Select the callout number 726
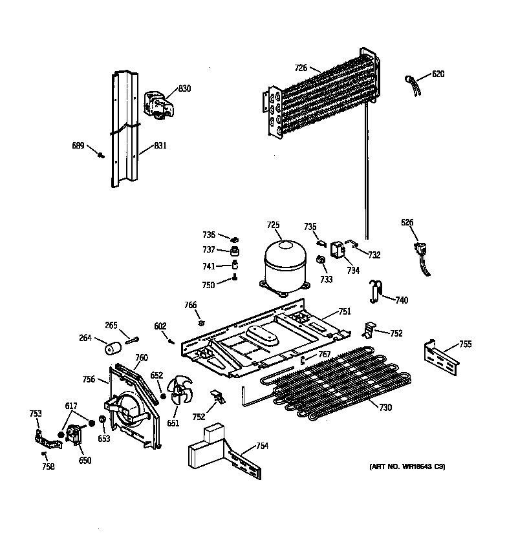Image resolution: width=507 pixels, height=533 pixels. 300,67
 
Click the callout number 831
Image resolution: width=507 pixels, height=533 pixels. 160,147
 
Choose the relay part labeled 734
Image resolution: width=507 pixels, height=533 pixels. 338,249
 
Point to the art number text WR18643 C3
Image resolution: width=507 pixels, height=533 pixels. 407,466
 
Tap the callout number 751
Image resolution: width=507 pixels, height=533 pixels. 344,311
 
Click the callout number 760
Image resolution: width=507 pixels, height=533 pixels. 141,358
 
